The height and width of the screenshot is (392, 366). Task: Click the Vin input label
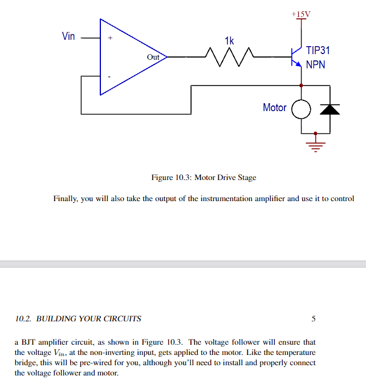pos(68,36)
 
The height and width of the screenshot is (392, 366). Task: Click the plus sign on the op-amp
pos(111,39)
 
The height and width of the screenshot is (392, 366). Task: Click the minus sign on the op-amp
pos(111,76)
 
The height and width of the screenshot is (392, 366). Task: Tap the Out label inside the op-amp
pos(153,57)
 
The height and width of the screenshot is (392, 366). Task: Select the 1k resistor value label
pos(229,41)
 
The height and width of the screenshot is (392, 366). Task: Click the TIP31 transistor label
pos(318,51)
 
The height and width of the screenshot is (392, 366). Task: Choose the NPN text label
pos(315,64)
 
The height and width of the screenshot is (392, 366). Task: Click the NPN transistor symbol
pos(296,57)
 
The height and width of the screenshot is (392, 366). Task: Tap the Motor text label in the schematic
pos(274,107)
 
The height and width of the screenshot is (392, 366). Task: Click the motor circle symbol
pos(301,109)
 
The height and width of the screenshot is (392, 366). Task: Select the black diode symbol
pos(330,109)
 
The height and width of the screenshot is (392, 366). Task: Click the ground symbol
pos(315,142)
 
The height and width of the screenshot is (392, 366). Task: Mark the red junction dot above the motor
pos(301,85)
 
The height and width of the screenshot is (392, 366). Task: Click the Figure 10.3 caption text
pos(204,177)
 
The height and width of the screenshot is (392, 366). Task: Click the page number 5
pos(313,318)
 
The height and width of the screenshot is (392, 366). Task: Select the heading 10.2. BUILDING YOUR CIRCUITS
pos(78,318)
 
